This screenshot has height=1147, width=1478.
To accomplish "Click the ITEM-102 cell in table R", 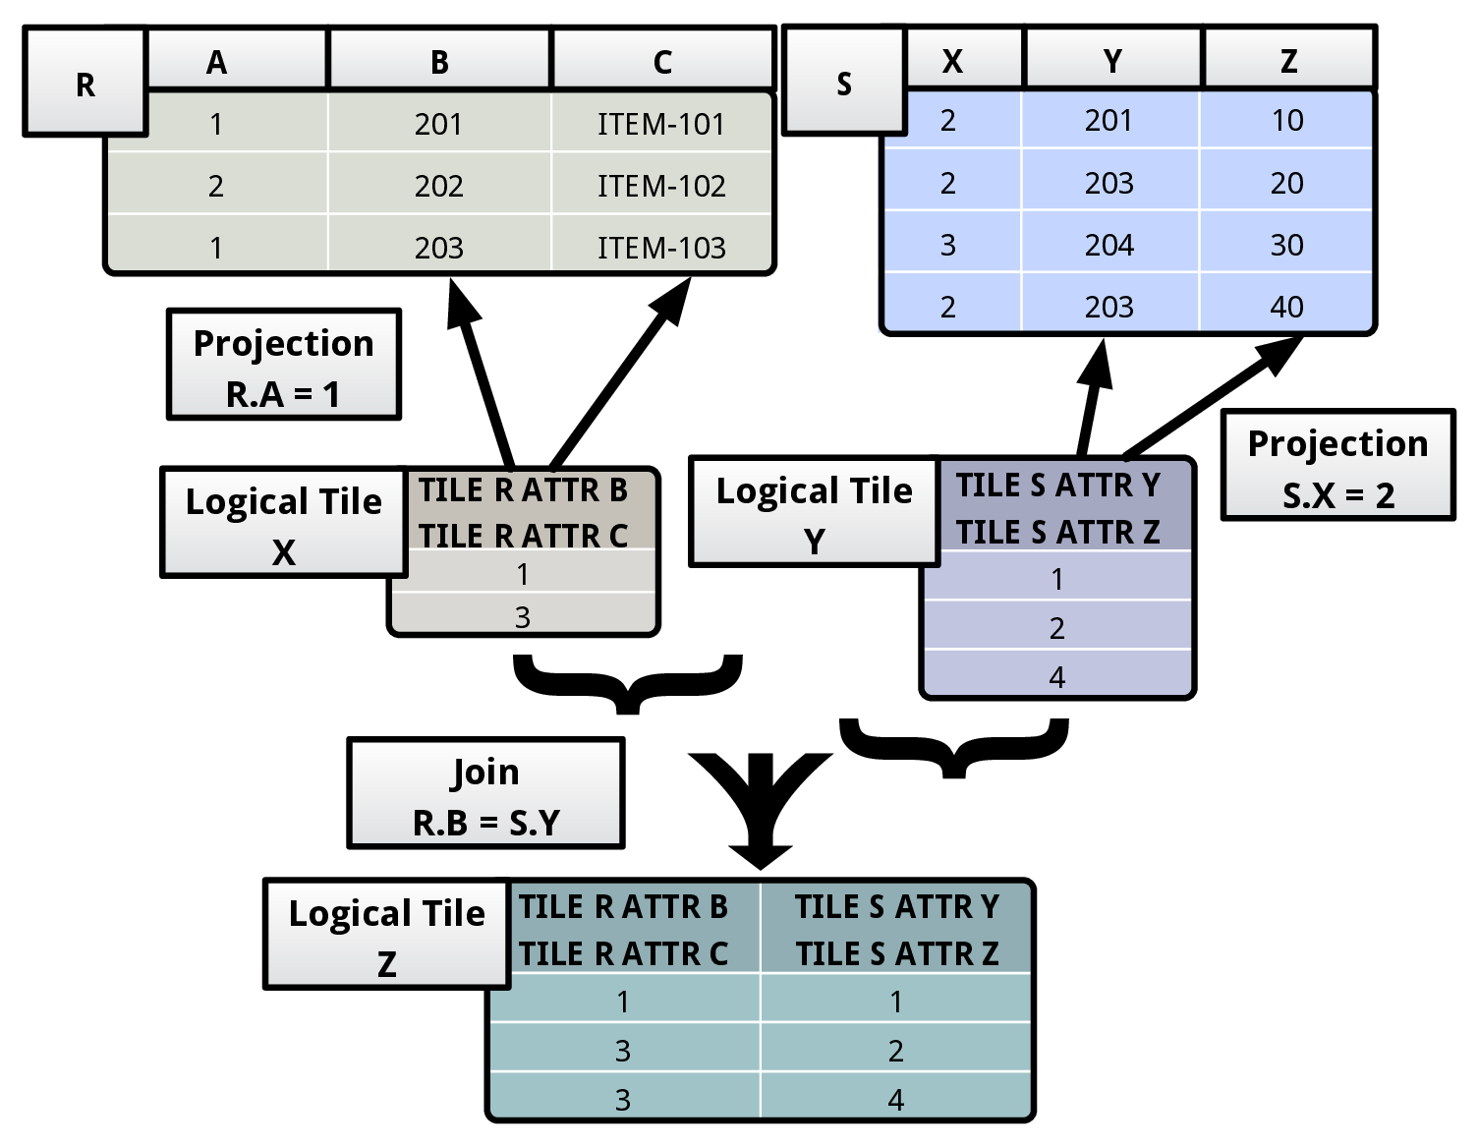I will tap(661, 186).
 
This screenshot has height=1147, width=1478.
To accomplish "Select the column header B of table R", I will tap(439, 62).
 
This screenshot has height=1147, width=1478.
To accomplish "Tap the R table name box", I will tap(85, 84).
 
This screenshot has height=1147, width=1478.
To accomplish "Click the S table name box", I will tap(843, 83).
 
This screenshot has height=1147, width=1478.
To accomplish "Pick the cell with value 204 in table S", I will tap(1108, 245).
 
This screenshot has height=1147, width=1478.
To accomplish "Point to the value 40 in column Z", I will tap(1286, 307).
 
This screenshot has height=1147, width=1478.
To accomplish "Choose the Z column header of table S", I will tap(1288, 61).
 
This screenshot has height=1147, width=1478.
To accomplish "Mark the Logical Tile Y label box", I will tap(814, 513).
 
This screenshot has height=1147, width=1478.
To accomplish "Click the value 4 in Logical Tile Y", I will tap(1056, 677).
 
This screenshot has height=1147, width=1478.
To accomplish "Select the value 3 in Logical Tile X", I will tap(523, 617).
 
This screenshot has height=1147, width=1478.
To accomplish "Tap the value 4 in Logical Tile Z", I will tap(895, 1100).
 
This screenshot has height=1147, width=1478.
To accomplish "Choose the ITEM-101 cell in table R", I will tap(661, 124).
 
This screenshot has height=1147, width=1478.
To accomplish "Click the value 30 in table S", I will tap(1286, 245).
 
